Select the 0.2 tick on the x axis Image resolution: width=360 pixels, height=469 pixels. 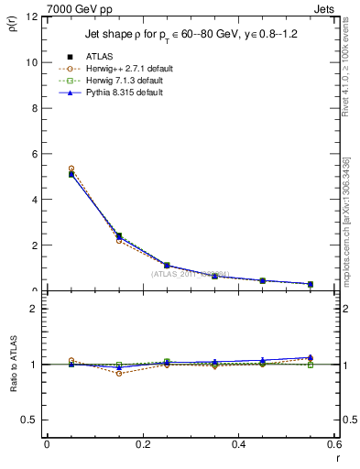[142, 443]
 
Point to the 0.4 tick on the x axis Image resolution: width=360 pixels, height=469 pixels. [238, 443]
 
